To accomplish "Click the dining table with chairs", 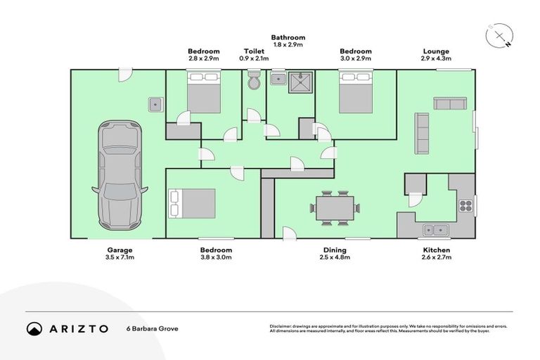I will point(335,208).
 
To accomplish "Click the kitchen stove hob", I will point(465,206).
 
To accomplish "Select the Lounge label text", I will point(436,51).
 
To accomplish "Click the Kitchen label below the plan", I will point(437,250).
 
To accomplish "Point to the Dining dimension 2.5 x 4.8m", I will point(335,258).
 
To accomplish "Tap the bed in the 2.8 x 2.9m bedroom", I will point(203,95).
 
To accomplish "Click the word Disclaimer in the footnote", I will point(283,326).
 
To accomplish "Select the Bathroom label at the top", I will point(288,37).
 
